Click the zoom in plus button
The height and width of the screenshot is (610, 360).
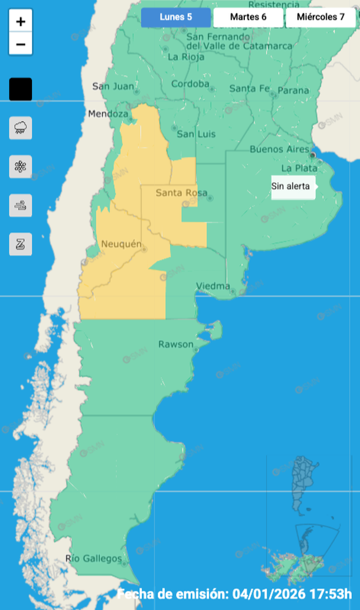(x=21, y=22)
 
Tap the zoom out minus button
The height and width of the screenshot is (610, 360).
(x=21, y=44)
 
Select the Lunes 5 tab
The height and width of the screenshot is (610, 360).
(x=176, y=17)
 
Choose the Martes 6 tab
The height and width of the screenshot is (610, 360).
(x=248, y=17)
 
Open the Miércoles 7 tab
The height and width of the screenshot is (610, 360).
(x=321, y=17)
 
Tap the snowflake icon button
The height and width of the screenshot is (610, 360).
(x=21, y=166)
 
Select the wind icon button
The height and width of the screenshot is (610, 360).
(x=21, y=205)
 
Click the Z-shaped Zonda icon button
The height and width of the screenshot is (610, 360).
(x=21, y=244)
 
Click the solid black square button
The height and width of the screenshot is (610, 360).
(x=21, y=89)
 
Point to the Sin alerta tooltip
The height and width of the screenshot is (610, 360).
(x=291, y=186)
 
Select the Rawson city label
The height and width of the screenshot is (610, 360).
(x=175, y=344)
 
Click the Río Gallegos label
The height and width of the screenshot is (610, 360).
(x=94, y=559)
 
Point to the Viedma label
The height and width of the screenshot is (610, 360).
(x=213, y=286)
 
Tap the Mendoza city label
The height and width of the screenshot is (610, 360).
(x=108, y=114)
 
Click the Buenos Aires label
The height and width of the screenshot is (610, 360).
(x=280, y=149)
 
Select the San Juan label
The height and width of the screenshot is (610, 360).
(x=113, y=86)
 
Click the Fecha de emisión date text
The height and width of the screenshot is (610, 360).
(x=235, y=593)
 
